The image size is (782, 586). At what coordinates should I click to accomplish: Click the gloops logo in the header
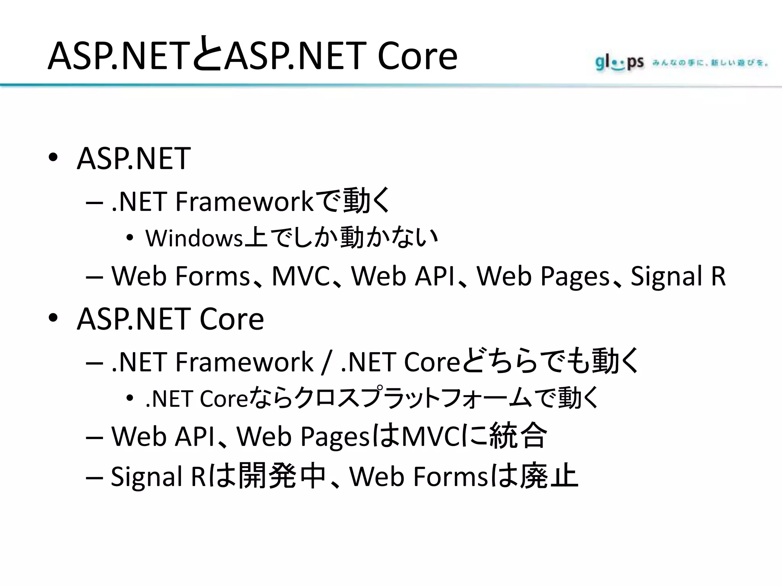tap(619, 63)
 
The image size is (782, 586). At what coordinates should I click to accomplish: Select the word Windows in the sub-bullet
tap(194, 238)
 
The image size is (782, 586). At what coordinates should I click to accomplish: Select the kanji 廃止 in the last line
tap(549, 476)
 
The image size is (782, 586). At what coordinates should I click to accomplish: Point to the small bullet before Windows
tap(130, 238)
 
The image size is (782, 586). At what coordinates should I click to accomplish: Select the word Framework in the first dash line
tap(244, 201)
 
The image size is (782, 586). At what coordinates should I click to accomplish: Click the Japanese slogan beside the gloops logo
tap(710, 63)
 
